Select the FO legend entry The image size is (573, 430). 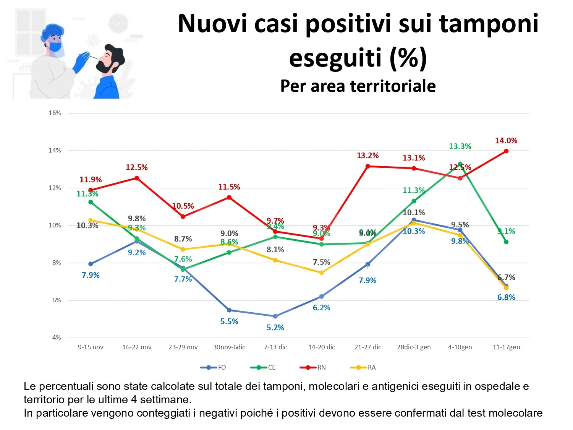(214, 367)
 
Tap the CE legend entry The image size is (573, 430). (264, 367)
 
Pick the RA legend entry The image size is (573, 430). (363, 367)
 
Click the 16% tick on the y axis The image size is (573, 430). (55, 113)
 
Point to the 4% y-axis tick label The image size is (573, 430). (56, 338)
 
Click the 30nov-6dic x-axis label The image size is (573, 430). (229, 347)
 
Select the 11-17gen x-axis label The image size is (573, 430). (506, 347)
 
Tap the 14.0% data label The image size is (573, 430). (506, 141)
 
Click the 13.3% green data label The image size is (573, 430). (460, 146)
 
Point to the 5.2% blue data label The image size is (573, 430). (275, 328)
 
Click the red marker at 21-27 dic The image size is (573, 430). (368, 166)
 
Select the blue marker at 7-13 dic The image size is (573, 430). (275, 316)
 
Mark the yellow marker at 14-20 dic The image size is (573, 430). (321, 273)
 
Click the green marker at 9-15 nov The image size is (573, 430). (91, 202)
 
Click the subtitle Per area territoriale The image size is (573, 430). (358, 86)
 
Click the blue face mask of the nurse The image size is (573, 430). (56, 47)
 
